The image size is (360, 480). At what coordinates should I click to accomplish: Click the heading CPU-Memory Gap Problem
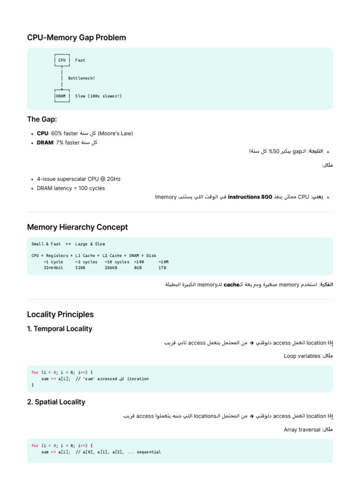(76, 37)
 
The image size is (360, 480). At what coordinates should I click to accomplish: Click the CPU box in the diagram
(62, 60)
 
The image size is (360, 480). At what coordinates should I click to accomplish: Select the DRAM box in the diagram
(61, 96)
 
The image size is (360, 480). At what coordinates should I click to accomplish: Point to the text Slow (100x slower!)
(98, 96)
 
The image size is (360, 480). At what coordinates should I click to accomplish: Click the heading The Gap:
(42, 120)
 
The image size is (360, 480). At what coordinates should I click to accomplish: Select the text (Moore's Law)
(116, 134)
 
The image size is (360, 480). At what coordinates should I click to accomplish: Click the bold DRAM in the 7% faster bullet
(45, 142)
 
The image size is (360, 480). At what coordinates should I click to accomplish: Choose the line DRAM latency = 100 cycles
(71, 188)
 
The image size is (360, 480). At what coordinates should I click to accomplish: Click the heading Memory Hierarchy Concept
(77, 227)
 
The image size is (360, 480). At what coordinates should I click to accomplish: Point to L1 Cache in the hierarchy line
(85, 255)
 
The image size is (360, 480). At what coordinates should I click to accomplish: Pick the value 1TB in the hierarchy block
(162, 268)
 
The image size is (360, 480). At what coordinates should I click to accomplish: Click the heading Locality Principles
(60, 314)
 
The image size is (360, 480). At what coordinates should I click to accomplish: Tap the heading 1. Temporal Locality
(60, 329)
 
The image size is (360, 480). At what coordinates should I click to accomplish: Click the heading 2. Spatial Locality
(56, 402)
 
